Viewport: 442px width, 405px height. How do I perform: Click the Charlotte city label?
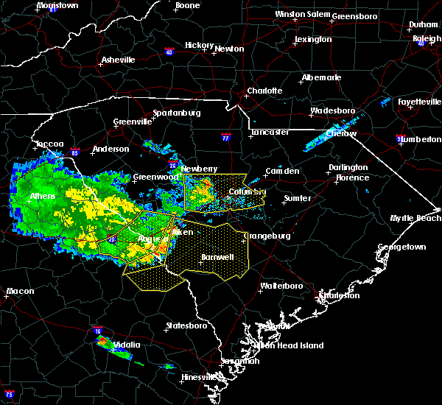[264, 91]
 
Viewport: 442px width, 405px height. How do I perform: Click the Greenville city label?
[131, 122]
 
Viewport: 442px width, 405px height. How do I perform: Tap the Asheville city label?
[118, 60]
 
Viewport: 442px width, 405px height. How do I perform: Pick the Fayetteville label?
[418, 101]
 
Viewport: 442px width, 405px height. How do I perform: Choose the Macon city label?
[20, 292]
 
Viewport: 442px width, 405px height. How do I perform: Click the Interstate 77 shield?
[226, 137]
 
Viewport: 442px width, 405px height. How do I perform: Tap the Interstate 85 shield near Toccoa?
[75, 152]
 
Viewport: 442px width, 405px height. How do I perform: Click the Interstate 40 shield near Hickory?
[169, 52]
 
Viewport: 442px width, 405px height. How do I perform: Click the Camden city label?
[282, 171]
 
